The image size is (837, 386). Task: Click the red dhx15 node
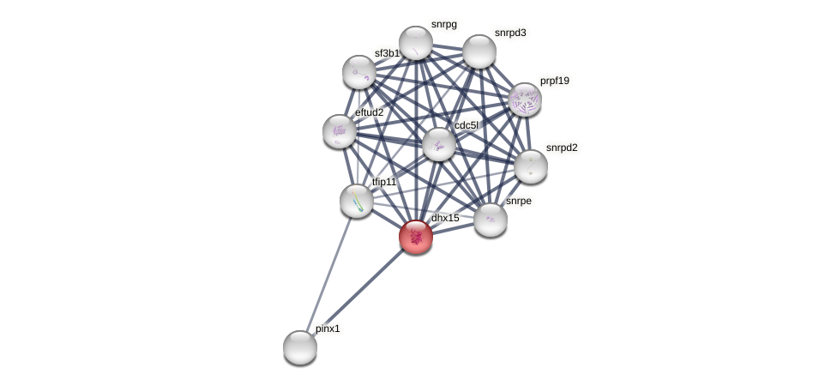click(416, 237)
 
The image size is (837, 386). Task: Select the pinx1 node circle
click(300, 347)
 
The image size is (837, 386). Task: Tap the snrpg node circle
click(416, 43)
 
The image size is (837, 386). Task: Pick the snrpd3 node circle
click(479, 51)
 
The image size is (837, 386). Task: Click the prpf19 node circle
click(524, 100)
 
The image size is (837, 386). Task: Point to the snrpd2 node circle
click(530, 166)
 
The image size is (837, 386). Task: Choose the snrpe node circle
click(491, 220)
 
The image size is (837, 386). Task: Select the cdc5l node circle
click(439, 144)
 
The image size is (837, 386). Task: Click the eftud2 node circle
click(340, 131)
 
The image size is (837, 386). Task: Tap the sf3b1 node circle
click(359, 72)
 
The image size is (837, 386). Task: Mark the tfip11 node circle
click(357, 201)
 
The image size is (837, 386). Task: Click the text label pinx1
click(328, 329)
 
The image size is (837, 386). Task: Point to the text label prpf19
click(554, 81)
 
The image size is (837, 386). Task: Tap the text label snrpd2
click(562, 148)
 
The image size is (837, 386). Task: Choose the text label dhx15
click(445, 218)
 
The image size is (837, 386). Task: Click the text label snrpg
click(443, 24)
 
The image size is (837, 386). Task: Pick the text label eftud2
click(370, 112)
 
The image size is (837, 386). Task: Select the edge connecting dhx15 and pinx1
click(358, 293)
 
